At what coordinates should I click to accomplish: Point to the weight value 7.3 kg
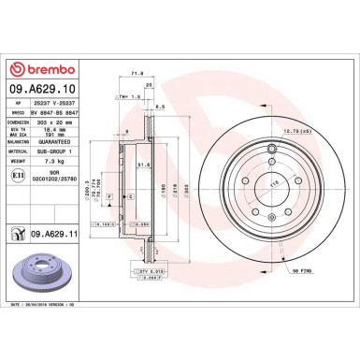coord(53,162)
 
